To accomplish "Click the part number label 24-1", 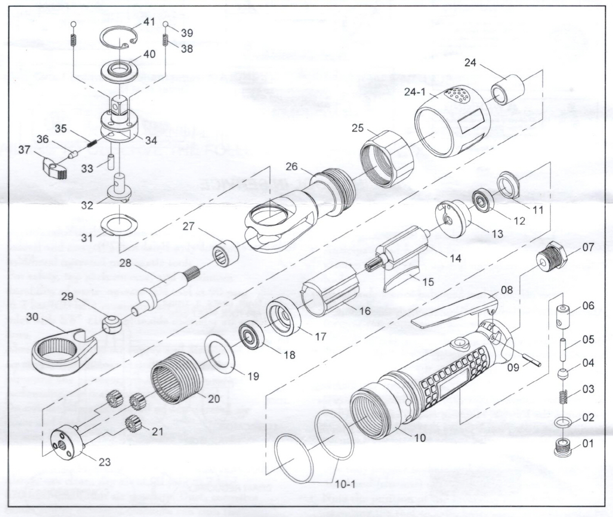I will pos(415,92).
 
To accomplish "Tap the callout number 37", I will pos(24,150).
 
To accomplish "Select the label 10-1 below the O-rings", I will pos(345,485).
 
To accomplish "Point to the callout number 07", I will pos(588,247).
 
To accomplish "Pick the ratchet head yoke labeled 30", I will pos(65,348).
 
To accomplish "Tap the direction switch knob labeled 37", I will pos(53,168).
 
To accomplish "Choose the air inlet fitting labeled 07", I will pos(552,258).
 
